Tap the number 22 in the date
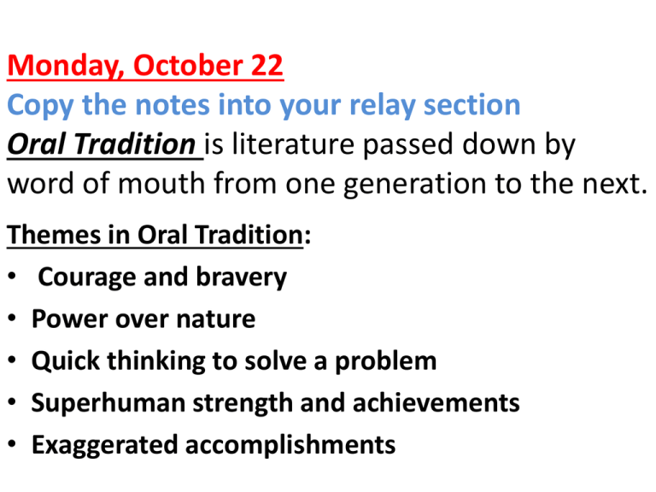[x=266, y=65]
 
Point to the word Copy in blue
[x=41, y=105]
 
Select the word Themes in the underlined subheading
[x=54, y=234]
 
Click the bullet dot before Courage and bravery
[x=12, y=276]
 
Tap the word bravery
[x=242, y=277]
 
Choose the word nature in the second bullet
[x=215, y=319]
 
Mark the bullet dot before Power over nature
[x=12, y=318]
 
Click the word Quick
[x=66, y=360]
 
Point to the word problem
[x=385, y=360]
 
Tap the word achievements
[x=436, y=402]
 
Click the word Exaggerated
[x=104, y=445]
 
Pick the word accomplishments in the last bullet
[x=290, y=444]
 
